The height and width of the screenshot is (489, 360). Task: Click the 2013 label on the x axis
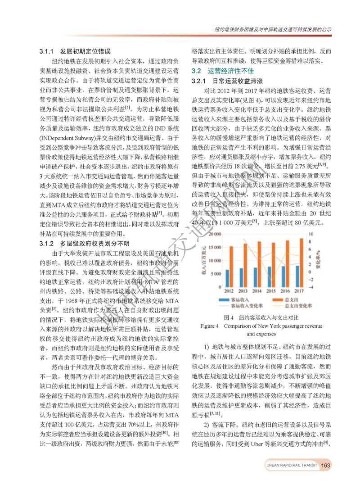pyautogui.click(x=243, y=291)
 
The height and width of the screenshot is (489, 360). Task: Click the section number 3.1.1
pyautogui.click(x=46, y=51)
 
